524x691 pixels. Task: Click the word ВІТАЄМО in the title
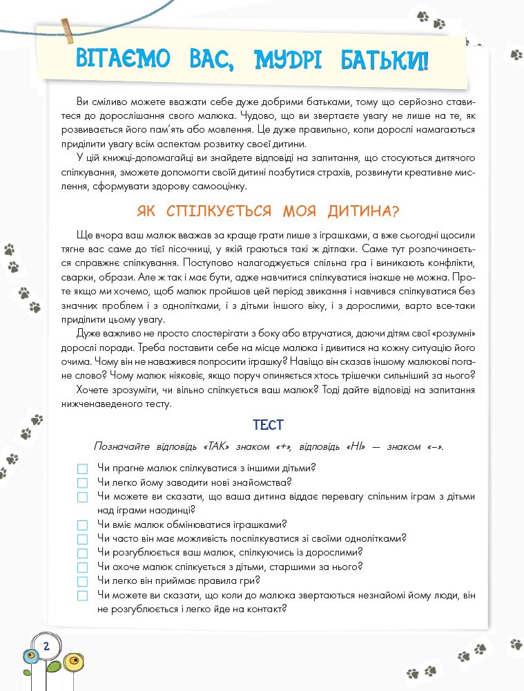(122, 59)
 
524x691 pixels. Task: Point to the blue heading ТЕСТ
(269, 425)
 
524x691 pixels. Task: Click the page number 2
(46, 647)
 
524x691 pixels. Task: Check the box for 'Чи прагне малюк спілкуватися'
(83, 468)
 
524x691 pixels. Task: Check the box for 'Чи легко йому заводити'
(83, 482)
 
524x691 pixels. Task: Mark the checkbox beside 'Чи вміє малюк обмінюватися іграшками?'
(83, 525)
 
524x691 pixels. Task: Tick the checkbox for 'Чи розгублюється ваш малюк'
(83, 553)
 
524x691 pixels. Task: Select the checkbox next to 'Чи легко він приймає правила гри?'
(83, 581)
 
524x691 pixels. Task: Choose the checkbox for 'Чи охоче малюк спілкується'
(83, 567)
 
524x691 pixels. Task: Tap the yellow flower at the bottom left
(73, 663)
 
